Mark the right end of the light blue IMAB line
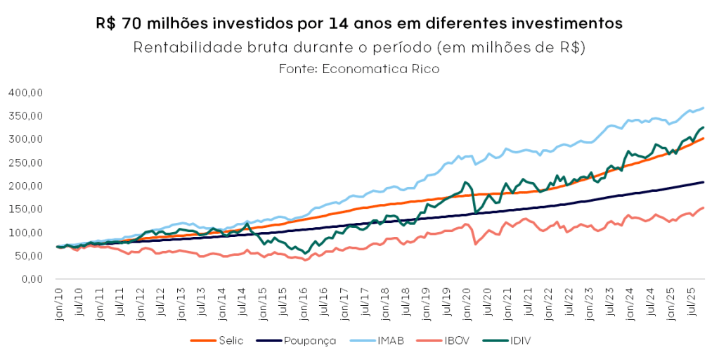pos(704,108)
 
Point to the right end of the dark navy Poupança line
pos(704,182)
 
